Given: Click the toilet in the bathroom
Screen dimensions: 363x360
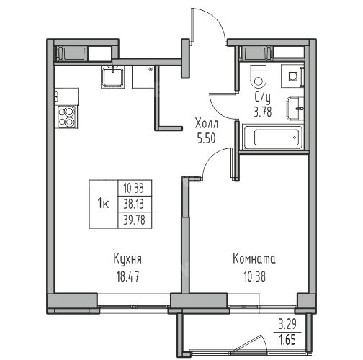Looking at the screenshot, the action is coord(259,76).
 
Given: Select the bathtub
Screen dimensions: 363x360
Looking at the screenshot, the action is coord(273,138).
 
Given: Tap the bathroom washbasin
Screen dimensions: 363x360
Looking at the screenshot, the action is coord(295,109).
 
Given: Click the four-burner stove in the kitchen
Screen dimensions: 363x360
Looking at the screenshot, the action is coord(66,117).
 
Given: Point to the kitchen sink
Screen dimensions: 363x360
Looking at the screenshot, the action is coord(112,77).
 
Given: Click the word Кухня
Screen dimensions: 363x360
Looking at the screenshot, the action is coord(127,259).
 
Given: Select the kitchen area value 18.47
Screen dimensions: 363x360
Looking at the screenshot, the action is coord(127,276).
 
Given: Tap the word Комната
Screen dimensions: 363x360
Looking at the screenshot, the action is coord(254,259).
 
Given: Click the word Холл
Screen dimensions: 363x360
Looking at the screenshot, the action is coord(207,124).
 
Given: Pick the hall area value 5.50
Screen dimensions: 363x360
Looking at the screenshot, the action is coord(207,138).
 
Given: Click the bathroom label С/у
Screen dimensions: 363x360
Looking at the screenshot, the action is coord(262,98).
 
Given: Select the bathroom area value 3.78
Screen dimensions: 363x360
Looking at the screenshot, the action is coord(263,112).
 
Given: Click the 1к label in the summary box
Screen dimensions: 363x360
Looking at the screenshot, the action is coord(103,204).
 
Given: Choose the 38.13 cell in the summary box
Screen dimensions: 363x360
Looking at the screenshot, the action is coord(134,204).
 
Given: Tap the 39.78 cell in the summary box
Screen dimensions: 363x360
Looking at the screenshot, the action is coord(134,220).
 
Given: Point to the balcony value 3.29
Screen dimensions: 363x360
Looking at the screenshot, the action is coord(287,324).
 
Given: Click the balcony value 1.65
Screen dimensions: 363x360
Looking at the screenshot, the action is coord(287,341).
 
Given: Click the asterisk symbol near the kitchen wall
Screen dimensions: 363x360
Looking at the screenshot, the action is coord(151,70).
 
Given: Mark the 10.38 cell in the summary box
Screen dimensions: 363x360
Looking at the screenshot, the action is coord(134,189).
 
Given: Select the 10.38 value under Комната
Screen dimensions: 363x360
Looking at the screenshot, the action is coord(255,276).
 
